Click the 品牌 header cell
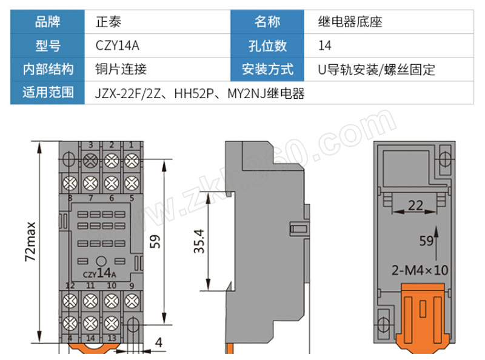coord(48,23)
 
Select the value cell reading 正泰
coord(109,23)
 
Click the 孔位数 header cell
coord(267,46)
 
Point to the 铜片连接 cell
coord(121,69)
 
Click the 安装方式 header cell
coord(267,69)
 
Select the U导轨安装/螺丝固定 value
coord(376,69)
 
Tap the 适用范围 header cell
coord(48,93)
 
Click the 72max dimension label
coord(30,242)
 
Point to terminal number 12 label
coord(70,285)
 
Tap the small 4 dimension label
coord(159,343)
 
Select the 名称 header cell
coord(267,23)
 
